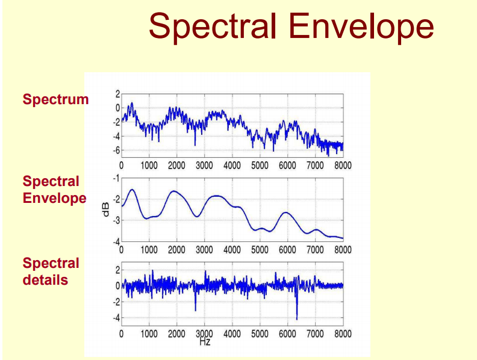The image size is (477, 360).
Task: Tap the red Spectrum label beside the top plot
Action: click(55, 100)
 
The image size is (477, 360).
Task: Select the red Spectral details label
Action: click(51, 272)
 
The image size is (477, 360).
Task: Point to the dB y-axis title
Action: click(106, 209)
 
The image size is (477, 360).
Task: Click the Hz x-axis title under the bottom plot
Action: click(205, 341)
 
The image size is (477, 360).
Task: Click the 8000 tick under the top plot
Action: click(343, 165)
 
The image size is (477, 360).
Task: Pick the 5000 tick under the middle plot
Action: click(260, 249)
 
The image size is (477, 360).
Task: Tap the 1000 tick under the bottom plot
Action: click(149, 334)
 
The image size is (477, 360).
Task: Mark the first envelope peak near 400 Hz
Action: click(132, 190)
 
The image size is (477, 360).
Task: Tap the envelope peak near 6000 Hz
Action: click(287, 213)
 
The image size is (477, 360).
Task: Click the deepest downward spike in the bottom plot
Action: click(297, 317)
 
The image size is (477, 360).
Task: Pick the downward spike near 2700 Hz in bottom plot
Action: click(195, 309)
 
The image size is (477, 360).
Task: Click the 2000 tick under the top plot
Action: click(176, 165)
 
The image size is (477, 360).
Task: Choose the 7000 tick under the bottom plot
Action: click(315, 334)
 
